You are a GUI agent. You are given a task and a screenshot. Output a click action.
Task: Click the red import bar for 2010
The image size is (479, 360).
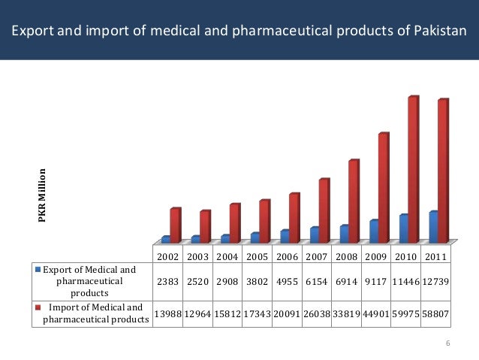[413, 169]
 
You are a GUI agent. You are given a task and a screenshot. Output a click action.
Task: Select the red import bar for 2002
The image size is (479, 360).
[174, 225]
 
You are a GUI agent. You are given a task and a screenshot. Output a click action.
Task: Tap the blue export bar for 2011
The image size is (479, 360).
[433, 227]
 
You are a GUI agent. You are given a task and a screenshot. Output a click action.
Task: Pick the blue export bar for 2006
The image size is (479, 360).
[285, 236]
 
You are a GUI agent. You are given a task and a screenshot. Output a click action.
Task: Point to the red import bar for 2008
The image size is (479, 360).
[354, 201]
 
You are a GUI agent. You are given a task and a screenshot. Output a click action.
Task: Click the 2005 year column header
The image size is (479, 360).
[256, 257]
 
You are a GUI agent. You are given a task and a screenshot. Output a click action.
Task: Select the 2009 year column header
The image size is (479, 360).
[376, 257]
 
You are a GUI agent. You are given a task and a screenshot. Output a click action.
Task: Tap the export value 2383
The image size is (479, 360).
[167, 281]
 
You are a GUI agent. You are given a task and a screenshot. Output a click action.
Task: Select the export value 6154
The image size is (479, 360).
[316, 281]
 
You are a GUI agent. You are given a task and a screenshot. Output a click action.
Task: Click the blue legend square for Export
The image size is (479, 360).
[36, 269]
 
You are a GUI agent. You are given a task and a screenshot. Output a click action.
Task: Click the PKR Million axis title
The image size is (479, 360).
[43, 195]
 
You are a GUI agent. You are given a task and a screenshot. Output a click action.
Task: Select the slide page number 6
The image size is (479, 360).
[447, 344]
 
